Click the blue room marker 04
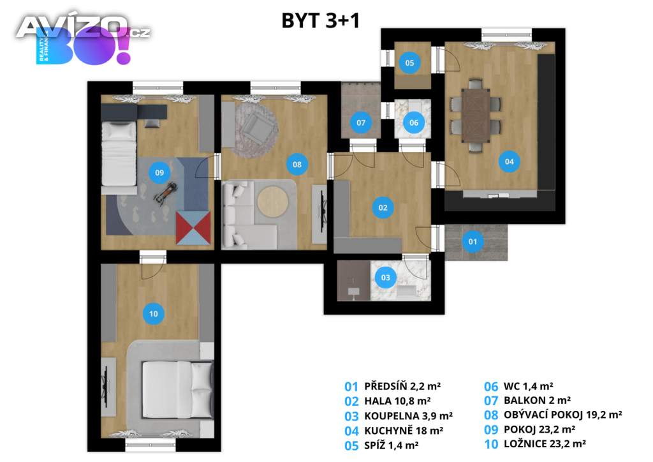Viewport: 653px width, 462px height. click(509, 161)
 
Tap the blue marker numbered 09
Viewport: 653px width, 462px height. click(159, 172)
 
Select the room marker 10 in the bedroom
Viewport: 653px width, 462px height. click(154, 313)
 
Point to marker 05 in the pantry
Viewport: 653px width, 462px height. click(409, 63)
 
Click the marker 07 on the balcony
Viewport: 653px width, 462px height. click(361, 123)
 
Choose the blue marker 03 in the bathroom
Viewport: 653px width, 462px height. click(386, 278)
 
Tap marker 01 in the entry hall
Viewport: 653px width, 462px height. click(473, 242)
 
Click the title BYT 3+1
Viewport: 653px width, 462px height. click(321, 21)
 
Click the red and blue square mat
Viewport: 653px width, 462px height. click(194, 228)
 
